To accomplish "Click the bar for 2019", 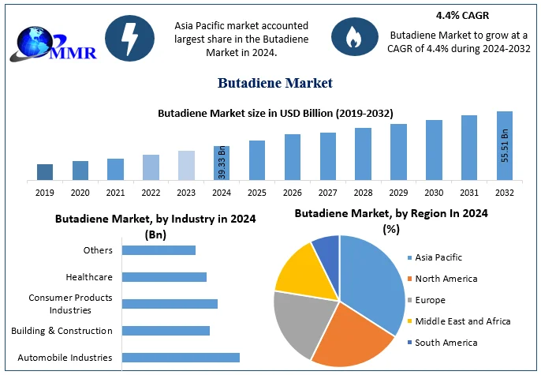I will click(45, 171).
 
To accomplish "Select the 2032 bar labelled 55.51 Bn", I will click(505, 145).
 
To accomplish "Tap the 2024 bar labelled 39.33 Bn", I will click(222, 163).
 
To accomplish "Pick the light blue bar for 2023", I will click(186, 165).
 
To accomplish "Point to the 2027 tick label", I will click(328, 192).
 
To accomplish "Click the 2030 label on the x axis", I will click(434, 192).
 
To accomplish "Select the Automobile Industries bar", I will click(181, 358).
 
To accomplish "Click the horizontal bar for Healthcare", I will click(165, 277).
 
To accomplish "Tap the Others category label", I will click(98, 250).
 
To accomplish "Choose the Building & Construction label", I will click(62, 331).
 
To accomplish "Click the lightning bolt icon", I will click(127, 36).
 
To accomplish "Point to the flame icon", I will click(349, 36).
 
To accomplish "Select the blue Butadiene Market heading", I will click(274, 83).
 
